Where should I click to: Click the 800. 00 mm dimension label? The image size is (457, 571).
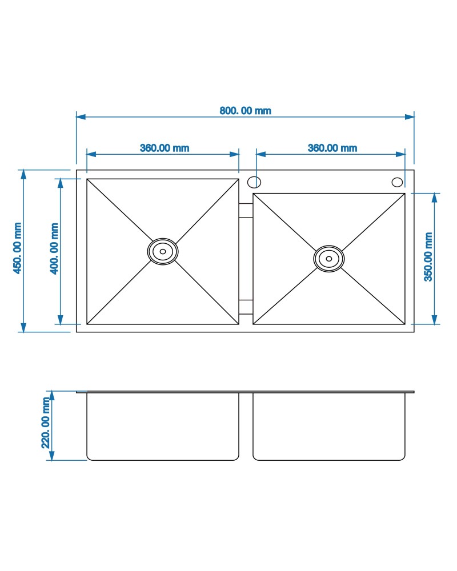click(x=245, y=111)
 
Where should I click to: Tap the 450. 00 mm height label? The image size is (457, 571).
click(x=17, y=248)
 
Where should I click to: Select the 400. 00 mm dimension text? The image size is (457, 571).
click(x=54, y=248)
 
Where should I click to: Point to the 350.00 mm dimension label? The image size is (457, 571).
click(x=428, y=257)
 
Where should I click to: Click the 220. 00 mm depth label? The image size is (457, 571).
click(x=46, y=423)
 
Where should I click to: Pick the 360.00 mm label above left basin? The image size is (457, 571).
click(x=165, y=148)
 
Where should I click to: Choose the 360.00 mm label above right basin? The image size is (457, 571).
click(x=332, y=148)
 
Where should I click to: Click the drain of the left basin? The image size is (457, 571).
click(x=163, y=251)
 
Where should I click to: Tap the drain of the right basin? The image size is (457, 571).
click(x=328, y=259)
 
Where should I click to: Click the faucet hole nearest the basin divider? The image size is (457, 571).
click(x=254, y=182)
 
